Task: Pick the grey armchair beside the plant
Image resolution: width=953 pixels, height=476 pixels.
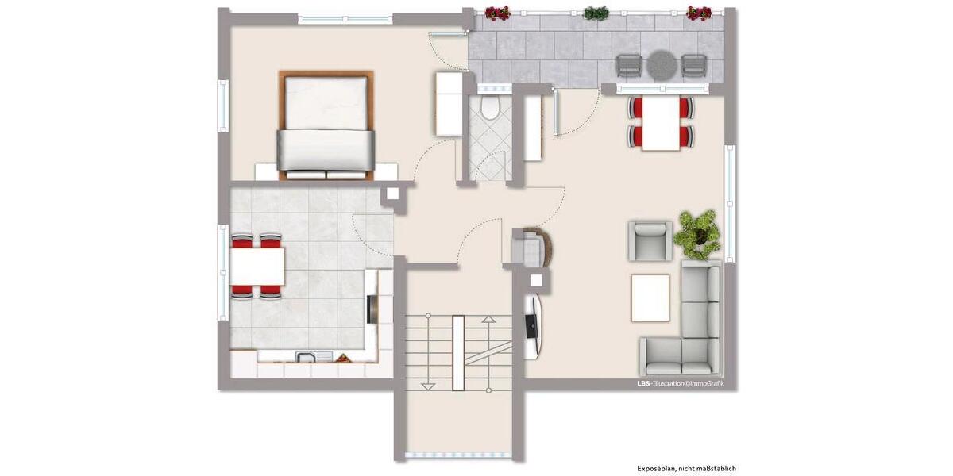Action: click(x=650, y=240)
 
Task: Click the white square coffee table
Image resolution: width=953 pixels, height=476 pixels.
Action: click(x=650, y=297)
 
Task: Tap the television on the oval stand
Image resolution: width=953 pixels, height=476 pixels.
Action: click(x=530, y=326)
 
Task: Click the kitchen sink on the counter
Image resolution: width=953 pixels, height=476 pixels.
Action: click(x=305, y=357)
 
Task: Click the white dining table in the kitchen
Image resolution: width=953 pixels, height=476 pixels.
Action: click(x=257, y=267)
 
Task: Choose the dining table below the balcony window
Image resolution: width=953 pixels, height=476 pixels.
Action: click(x=661, y=123)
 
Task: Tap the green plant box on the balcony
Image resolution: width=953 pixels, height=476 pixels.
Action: click(x=596, y=13)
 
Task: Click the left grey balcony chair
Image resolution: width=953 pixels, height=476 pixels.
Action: click(x=629, y=65)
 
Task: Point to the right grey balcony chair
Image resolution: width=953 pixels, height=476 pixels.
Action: click(x=693, y=65)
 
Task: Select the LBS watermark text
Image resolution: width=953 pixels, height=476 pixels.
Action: click(x=643, y=383)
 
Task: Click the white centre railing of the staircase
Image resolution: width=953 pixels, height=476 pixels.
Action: click(x=458, y=352)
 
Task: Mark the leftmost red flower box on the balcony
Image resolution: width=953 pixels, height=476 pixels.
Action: click(x=497, y=13)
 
